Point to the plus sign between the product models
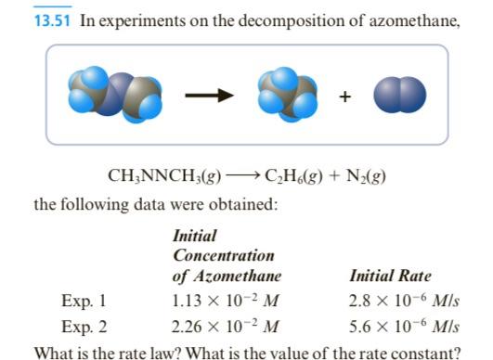click(345, 96)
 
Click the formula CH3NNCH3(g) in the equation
click(162, 174)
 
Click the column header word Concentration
click(224, 255)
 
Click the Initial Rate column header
click(390, 276)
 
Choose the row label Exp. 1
click(84, 300)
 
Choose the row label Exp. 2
click(84, 326)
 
